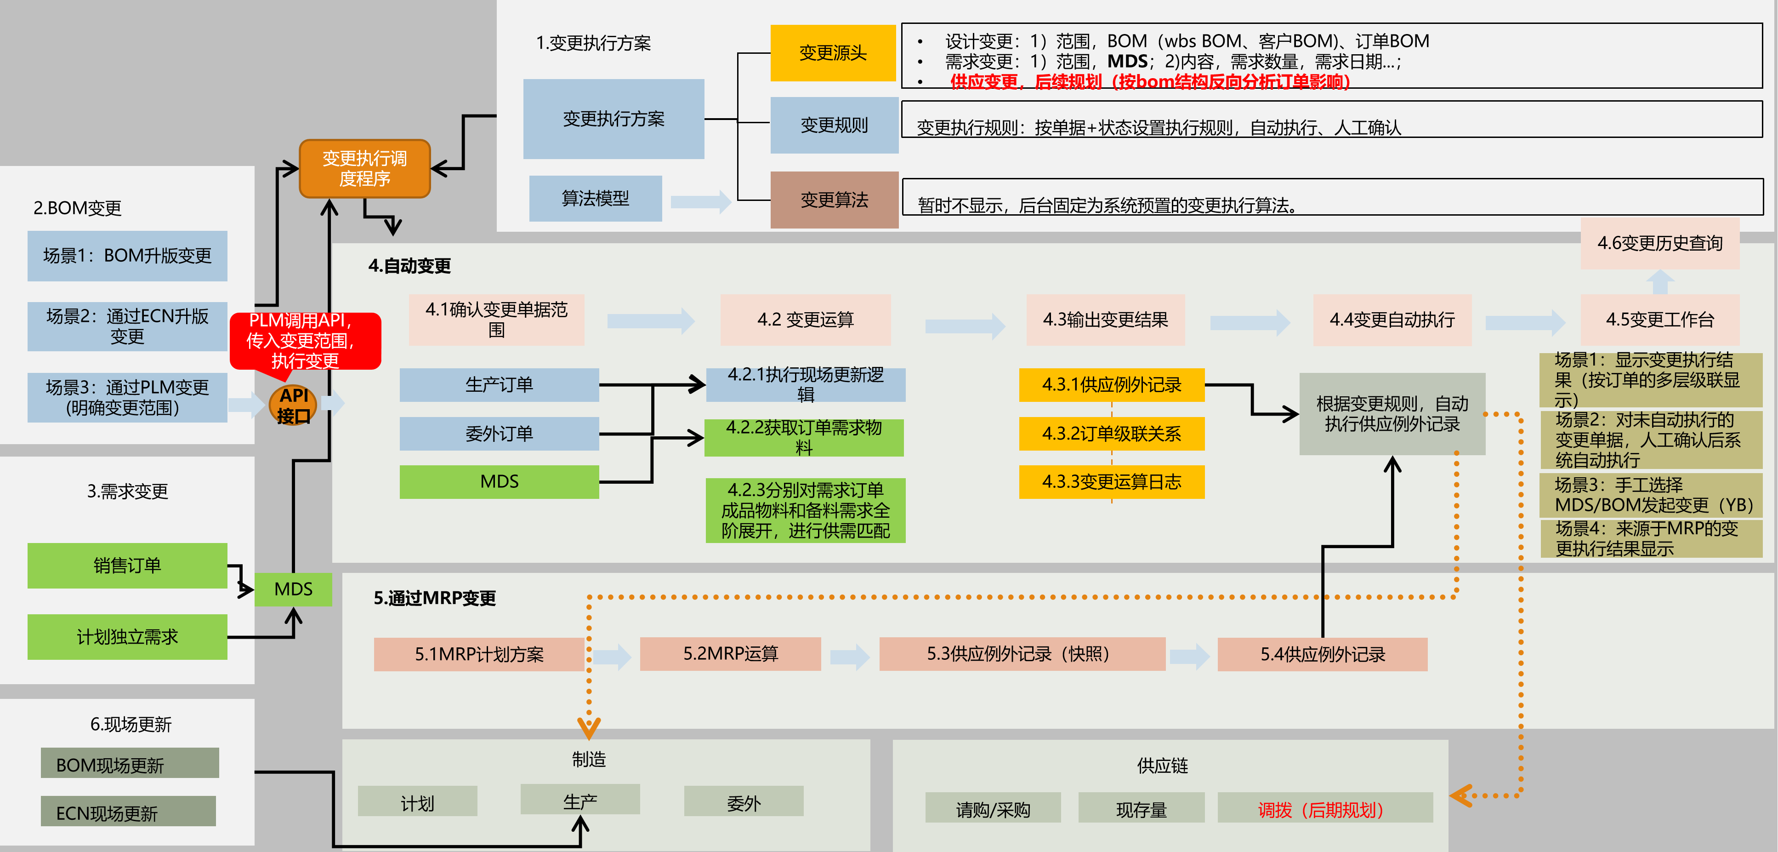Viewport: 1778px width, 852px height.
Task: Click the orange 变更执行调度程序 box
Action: click(364, 168)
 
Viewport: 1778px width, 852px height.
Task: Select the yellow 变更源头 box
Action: click(832, 53)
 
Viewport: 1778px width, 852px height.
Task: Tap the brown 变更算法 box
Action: click(834, 200)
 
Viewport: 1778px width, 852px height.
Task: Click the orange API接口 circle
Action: click(293, 405)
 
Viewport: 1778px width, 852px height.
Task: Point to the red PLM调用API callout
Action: click(304, 340)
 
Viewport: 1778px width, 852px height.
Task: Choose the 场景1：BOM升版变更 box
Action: click(127, 256)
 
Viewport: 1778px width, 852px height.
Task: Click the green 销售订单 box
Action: click(127, 566)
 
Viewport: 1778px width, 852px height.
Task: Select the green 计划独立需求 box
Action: click(127, 636)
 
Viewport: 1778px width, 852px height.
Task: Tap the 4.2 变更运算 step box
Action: click(805, 320)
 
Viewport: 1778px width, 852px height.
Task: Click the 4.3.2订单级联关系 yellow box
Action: click(1111, 434)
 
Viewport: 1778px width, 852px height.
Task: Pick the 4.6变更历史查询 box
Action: click(1659, 243)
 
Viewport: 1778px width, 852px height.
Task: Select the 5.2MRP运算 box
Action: click(730, 654)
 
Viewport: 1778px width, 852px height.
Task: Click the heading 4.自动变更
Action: click(409, 266)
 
